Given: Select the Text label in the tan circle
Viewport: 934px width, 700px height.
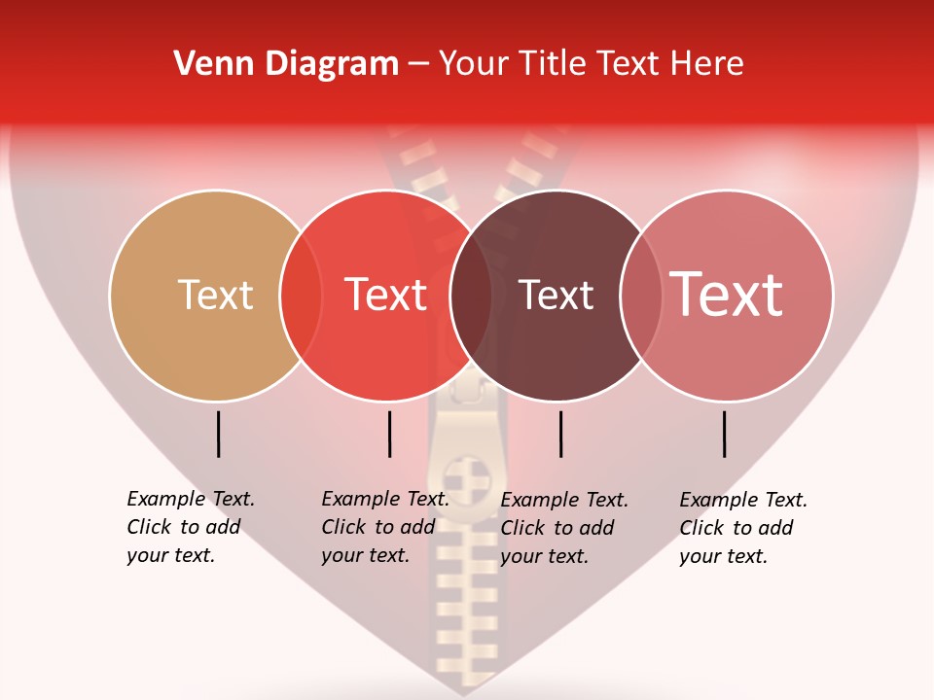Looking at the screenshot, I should [215, 295].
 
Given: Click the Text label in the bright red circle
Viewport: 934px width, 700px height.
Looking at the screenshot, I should [386, 295].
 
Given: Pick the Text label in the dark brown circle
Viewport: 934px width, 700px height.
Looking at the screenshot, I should [557, 295].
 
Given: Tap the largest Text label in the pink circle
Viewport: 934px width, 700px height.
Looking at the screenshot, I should [727, 295].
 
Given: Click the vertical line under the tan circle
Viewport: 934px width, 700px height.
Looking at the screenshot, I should [219, 434].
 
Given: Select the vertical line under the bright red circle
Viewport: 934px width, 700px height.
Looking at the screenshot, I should [389, 434].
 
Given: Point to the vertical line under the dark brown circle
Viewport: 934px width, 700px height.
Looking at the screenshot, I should [560, 434].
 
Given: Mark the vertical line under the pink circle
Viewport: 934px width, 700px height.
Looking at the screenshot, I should [725, 434].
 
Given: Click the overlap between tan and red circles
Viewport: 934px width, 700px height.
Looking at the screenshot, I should [301, 295].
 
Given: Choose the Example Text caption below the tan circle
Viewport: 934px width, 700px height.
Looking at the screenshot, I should [191, 527].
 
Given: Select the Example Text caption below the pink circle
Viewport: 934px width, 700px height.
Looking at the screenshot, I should [742, 528].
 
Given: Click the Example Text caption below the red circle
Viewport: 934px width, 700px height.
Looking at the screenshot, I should [385, 527].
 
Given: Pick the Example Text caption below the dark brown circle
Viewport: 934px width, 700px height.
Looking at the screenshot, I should [564, 528].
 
